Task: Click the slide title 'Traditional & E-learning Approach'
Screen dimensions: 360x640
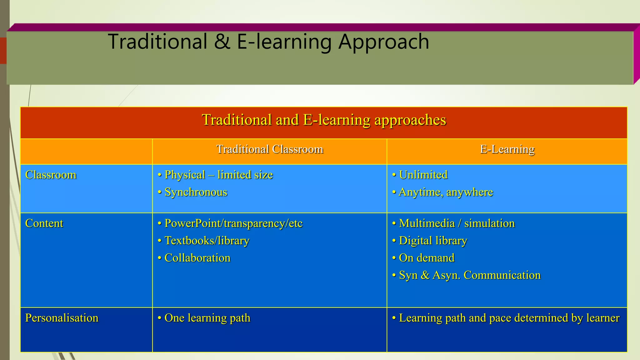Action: pos(268,42)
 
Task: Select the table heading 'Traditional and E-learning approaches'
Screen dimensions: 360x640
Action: pos(324,120)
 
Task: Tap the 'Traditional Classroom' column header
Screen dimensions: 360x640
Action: pos(270,149)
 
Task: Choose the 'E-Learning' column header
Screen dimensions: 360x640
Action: pos(507,149)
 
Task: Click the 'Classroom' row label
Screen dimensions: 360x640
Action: pos(51,175)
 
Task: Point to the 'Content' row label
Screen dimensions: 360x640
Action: pos(44,223)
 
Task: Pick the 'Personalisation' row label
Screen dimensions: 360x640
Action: pos(62,318)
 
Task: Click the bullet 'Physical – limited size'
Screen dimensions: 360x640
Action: pos(218,175)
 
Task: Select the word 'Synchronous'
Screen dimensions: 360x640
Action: pos(196,192)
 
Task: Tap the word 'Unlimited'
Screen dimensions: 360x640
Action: pos(423,175)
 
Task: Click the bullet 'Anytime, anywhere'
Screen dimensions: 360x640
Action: pos(446,192)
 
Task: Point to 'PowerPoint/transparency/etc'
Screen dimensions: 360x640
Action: pos(233,223)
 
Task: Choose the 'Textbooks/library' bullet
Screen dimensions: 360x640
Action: pos(207,241)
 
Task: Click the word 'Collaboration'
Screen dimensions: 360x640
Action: pos(197,258)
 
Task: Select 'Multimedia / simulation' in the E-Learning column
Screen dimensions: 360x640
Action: pos(457,223)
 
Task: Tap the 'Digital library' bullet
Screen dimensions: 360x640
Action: pos(433,241)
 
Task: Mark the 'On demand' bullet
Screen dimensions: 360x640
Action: pos(427,258)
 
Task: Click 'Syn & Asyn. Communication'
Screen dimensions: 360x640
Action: pos(470,275)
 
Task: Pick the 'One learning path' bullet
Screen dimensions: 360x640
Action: pos(207,318)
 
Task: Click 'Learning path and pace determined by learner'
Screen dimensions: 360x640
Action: pos(509,318)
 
